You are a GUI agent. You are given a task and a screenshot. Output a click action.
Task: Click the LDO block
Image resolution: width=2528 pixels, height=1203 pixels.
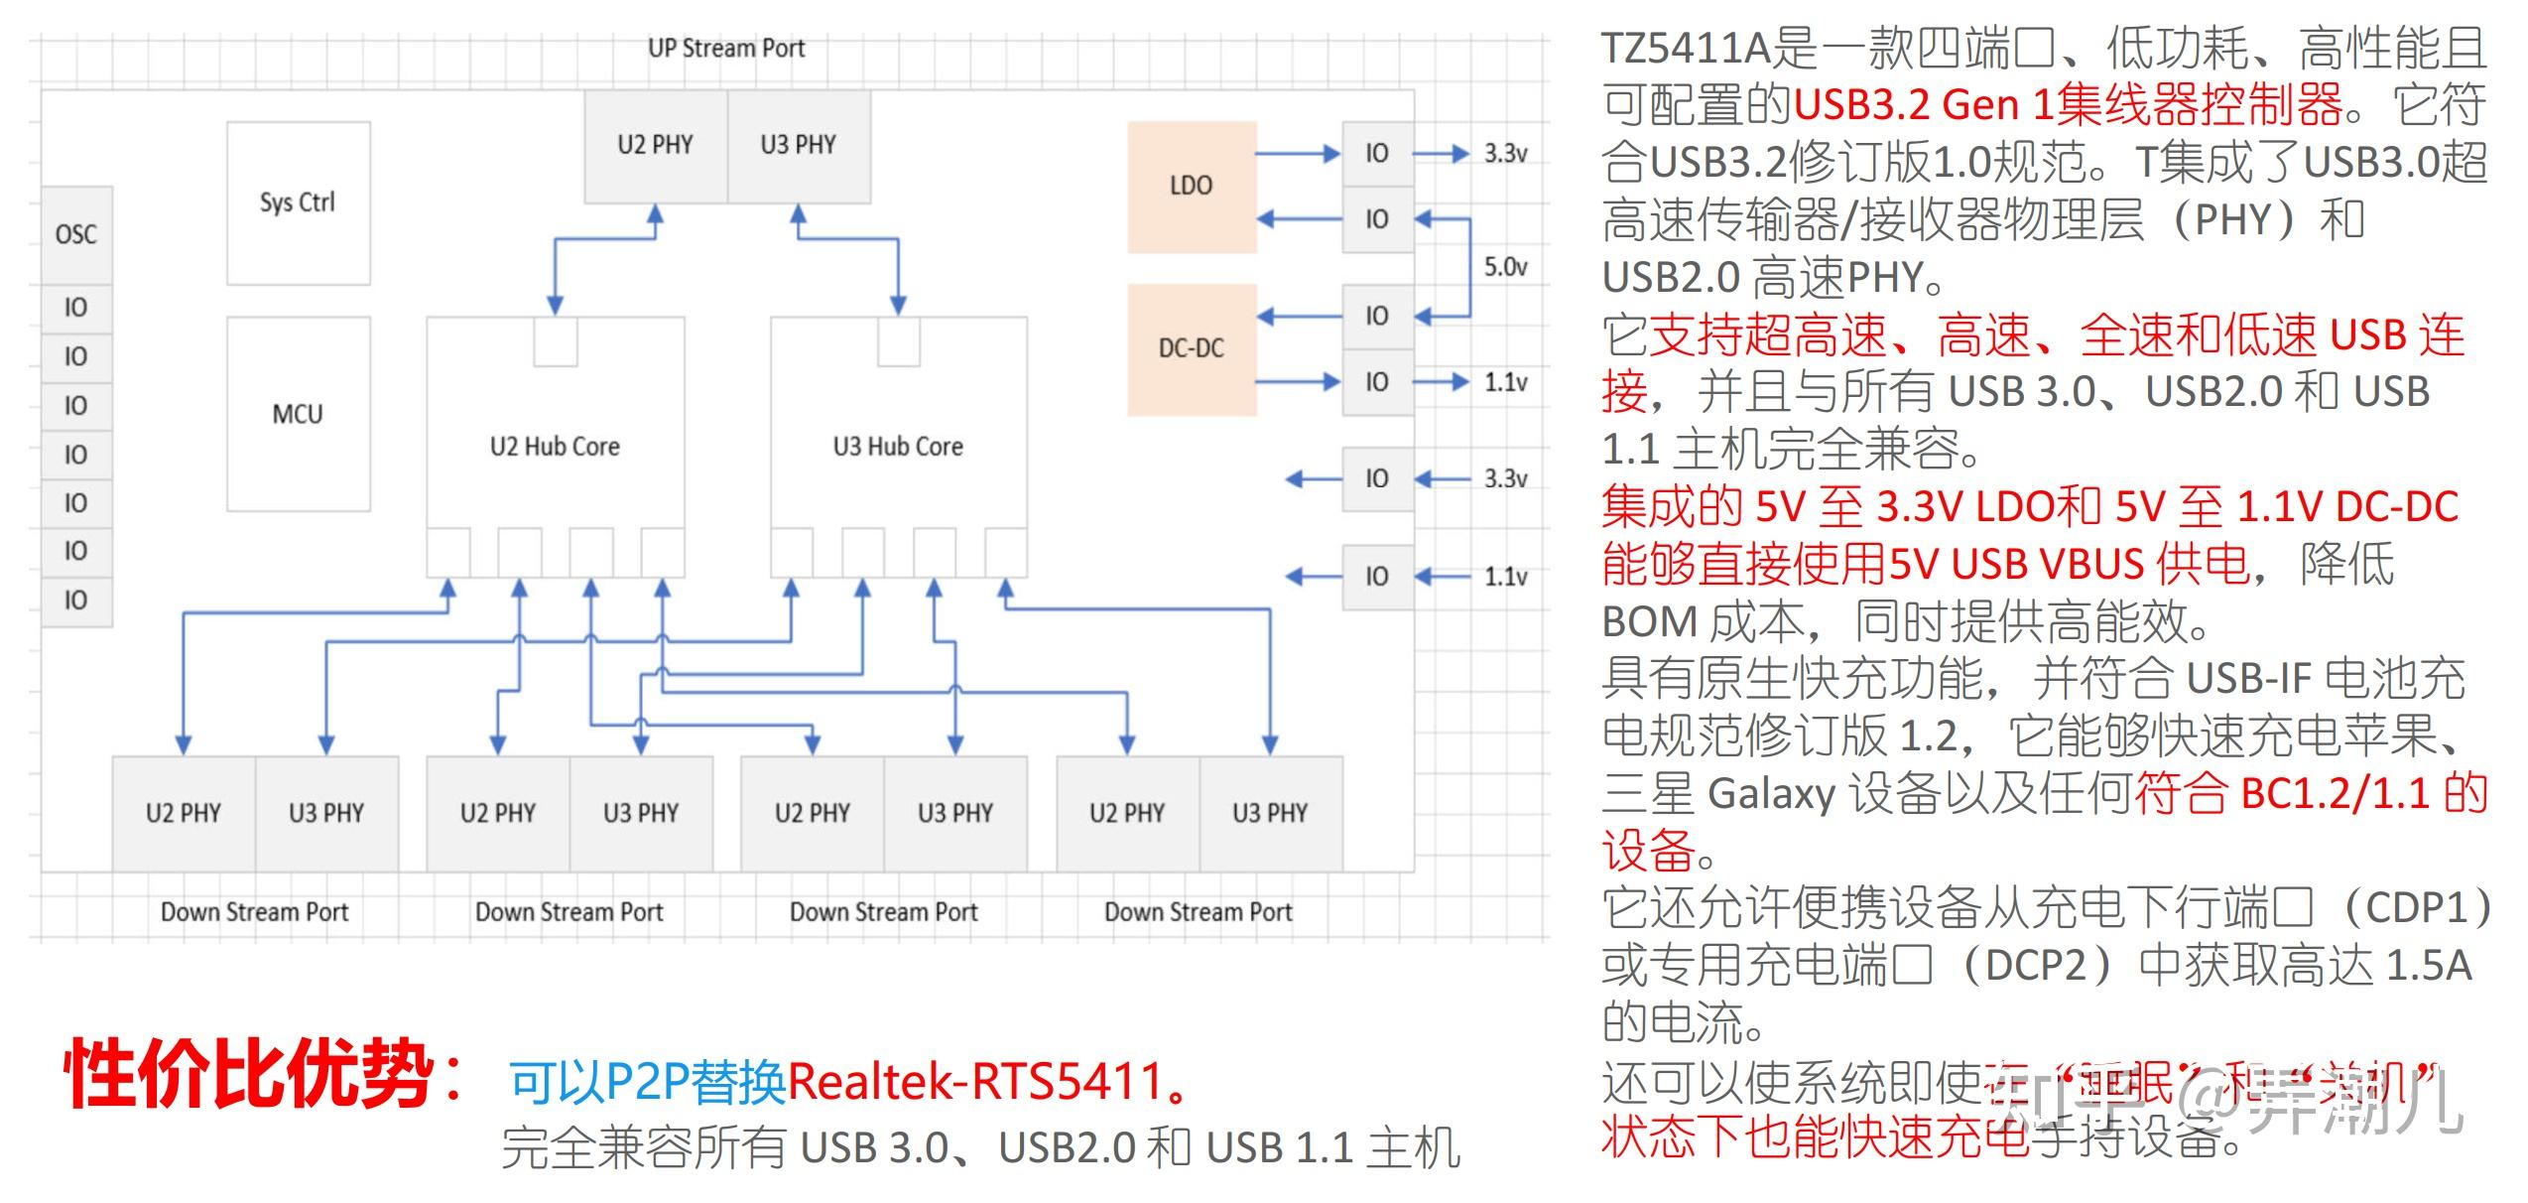(1191, 186)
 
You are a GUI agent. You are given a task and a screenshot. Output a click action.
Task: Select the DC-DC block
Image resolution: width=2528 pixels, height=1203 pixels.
(1191, 348)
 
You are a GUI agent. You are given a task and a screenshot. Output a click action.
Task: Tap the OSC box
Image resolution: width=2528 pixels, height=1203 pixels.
(76, 234)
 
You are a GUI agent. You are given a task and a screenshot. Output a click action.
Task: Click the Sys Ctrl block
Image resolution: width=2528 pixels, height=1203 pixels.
(298, 202)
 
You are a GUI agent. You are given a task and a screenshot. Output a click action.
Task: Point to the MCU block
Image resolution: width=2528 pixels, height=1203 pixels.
(298, 414)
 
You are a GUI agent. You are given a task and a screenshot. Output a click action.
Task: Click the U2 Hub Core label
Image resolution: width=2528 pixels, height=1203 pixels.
(555, 447)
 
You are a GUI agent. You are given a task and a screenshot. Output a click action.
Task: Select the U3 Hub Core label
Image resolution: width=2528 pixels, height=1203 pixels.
(898, 447)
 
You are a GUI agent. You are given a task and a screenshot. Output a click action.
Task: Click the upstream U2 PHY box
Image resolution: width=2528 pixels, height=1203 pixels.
(655, 145)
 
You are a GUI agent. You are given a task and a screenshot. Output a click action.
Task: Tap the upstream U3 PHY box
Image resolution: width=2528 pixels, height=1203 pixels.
(799, 145)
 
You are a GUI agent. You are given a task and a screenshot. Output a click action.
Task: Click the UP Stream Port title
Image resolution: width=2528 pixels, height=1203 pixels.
(726, 48)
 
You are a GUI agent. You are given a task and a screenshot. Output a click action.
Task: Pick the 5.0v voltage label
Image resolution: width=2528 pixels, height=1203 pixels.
(1505, 267)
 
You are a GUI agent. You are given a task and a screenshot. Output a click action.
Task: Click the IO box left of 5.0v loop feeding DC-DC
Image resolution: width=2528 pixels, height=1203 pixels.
(1377, 316)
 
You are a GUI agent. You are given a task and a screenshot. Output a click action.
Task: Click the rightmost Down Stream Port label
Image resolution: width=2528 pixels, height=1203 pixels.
(1198, 911)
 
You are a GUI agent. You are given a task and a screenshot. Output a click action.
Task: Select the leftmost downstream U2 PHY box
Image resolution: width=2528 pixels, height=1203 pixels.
(184, 813)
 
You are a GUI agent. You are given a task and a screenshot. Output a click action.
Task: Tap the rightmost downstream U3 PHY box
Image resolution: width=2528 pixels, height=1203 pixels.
(1270, 813)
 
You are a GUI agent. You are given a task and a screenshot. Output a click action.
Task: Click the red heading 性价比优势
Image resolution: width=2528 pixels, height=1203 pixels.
(248, 1074)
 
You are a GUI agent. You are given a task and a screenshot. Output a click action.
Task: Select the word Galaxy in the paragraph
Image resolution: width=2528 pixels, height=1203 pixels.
(1772, 794)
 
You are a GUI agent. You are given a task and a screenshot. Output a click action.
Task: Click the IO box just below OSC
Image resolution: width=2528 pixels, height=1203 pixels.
(76, 308)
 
